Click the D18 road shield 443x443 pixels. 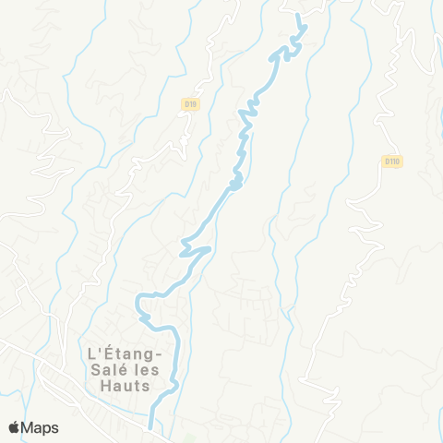190,105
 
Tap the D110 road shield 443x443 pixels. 391,162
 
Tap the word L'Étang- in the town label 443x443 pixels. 124,353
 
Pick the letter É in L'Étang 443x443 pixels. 104,353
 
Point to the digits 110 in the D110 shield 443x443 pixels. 394,162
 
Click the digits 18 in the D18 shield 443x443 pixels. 193,105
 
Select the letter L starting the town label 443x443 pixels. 89,353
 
